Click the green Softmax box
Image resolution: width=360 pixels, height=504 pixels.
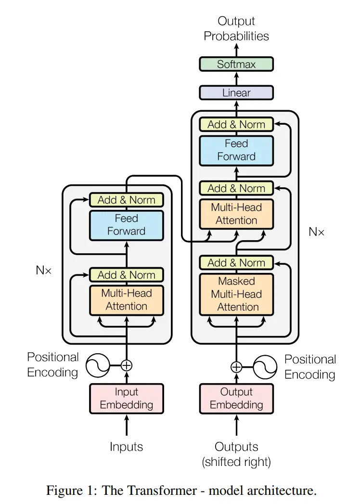(236, 64)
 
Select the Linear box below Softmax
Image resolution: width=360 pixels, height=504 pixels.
(236, 92)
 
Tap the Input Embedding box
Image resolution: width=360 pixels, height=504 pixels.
(126, 398)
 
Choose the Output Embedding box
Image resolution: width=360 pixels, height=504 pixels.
(236, 398)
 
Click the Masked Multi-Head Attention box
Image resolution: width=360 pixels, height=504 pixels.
(236, 294)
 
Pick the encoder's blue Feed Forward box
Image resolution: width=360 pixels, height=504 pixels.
(126, 225)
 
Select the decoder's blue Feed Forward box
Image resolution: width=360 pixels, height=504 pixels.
(236, 150)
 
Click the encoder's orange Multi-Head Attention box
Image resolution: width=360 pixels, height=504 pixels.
(126, 300)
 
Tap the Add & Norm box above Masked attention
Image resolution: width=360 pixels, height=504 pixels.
(236, 263)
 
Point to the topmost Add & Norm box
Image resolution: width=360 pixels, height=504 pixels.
(236, 124)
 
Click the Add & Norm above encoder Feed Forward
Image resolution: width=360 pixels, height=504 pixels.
(126, 200)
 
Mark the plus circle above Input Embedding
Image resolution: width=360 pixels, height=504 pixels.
(126, 365)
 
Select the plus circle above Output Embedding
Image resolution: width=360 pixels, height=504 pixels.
(236, 367)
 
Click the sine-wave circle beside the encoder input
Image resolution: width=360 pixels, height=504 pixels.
(98, 366)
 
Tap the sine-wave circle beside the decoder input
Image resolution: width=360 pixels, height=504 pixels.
(265, 367)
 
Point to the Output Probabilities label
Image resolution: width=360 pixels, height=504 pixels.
(236, 28)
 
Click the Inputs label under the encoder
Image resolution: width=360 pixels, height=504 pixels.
(126, 447)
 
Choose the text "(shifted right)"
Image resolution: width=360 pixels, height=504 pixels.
(236, 462)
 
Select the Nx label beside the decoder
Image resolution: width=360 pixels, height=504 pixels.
(316, 232)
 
